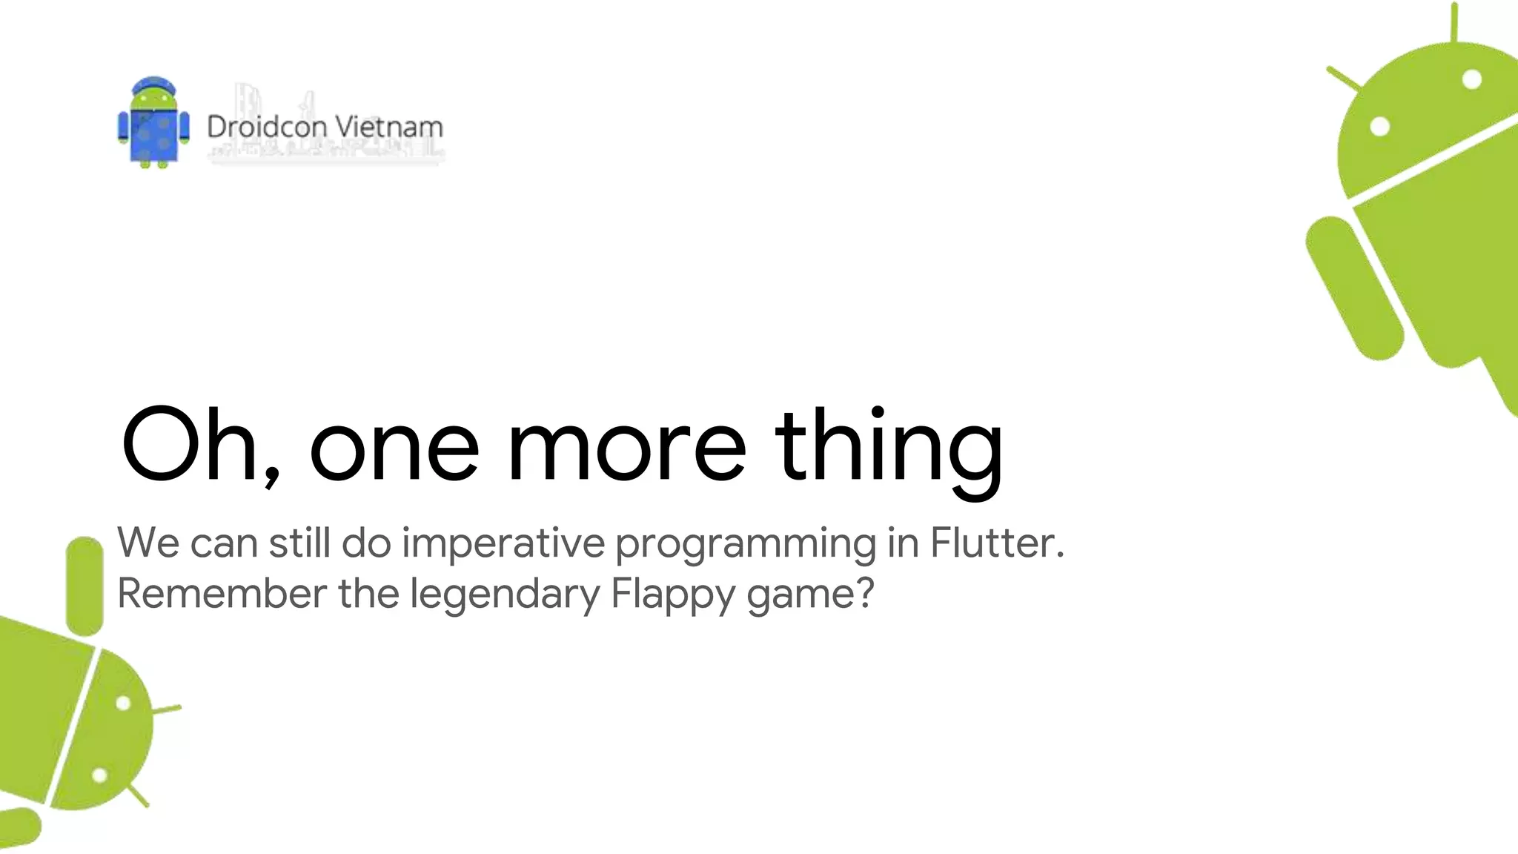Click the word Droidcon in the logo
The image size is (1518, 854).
tap(267, 127)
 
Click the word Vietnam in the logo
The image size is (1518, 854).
tap(389, 127)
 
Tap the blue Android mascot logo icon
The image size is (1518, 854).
tap(153, 122)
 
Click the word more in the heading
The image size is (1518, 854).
tap(626, 445)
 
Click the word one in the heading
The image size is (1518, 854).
tap(394, 445)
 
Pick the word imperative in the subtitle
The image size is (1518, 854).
tap(503, 543)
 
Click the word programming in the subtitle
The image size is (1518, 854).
tap(746, 543)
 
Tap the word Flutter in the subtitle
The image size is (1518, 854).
tap(996, 543)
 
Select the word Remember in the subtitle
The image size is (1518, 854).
tap(222, 593)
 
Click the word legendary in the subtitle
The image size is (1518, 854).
tap(505, 593)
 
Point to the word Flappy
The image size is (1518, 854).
tap(672, 593)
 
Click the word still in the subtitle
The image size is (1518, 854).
tap(299, 543)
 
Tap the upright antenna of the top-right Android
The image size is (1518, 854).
tap(1454, 22)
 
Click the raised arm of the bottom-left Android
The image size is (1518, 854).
tap(84, 586)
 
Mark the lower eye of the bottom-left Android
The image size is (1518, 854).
tap(99, 775)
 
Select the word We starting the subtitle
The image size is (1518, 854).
tap(148, 543)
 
